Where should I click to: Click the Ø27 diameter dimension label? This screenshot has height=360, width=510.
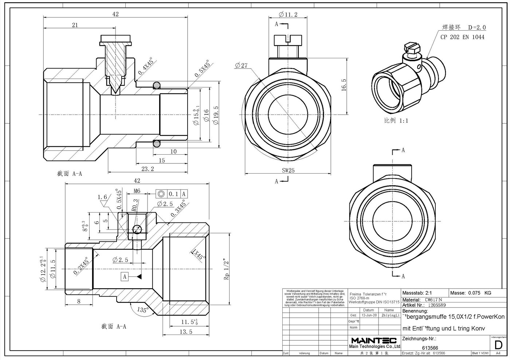point(242,66)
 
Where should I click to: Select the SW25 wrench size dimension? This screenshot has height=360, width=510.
point(288,170)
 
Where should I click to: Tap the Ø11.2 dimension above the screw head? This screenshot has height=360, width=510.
point(288,15)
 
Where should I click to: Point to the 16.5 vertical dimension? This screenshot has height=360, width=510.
point(344,85)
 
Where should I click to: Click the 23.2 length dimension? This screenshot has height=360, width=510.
point(147,169)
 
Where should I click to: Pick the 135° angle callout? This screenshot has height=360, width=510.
point(143,310)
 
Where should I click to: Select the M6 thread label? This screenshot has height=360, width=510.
point(137,191)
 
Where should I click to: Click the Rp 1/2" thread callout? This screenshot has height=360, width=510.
point(227,269)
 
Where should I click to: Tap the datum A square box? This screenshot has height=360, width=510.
point(125,277)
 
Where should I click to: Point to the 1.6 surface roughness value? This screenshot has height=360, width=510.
point(102,197)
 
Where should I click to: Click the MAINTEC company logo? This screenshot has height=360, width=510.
point(373,340)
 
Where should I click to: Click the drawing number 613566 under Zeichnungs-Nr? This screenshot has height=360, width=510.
point(430,348)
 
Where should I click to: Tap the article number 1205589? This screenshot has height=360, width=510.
point(436,305)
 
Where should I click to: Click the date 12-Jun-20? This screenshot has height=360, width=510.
point(369,315)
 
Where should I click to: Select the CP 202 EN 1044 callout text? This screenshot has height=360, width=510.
point(462,37)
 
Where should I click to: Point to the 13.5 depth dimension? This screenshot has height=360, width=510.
point(186,332)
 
